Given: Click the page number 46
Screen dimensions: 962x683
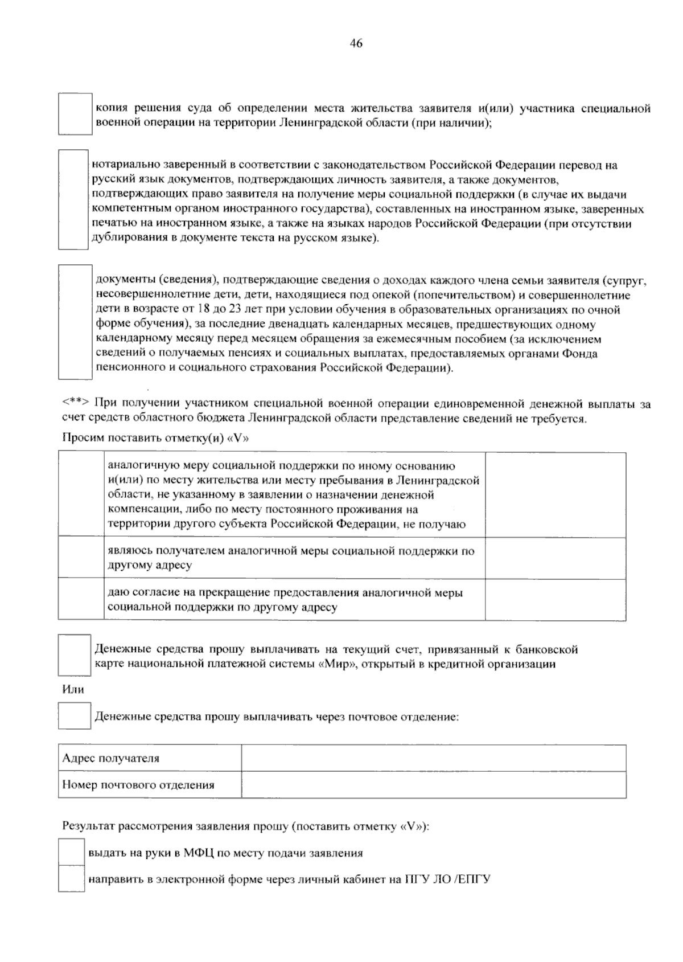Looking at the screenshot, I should [356, 44].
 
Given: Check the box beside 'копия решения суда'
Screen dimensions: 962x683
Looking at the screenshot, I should [75, 114].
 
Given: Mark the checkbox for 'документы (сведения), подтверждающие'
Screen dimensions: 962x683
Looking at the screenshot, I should [75, 322].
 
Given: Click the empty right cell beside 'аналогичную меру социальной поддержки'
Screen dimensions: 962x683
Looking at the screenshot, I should [555, 494].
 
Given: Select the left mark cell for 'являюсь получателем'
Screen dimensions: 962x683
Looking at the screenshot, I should [81, 558].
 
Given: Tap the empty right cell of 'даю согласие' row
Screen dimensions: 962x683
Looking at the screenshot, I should [555, 599].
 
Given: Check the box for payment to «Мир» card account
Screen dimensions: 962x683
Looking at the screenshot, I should [75, 655].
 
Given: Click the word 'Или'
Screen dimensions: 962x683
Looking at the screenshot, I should [73, 690].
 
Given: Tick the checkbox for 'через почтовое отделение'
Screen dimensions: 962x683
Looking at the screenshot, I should [75, 716].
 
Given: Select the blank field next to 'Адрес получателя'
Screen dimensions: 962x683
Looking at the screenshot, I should [434, 758].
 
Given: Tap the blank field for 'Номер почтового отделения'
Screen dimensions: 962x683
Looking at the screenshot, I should [434, 784].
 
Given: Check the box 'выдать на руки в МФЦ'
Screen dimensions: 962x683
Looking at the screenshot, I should [71, 853].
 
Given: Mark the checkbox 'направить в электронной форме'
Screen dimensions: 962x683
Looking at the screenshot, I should [71, 879].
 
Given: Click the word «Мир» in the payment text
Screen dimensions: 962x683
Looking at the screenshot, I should [333, 664].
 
